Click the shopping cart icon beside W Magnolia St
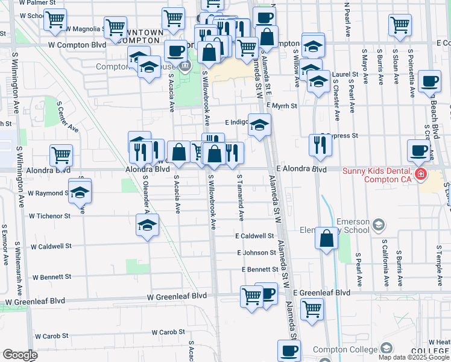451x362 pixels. [115, 27]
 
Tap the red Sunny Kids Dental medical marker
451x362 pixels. [420, 175]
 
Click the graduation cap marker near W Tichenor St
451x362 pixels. [147, 226]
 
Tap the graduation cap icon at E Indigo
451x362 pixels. [260, 125]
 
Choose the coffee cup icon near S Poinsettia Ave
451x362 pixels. [430, 81]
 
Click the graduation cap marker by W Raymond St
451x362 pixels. [80, 192]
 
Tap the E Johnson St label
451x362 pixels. [256, 253]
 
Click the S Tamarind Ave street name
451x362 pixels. [240, 197]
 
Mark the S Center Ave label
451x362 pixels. [68, 116]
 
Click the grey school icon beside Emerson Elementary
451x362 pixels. [378, 225]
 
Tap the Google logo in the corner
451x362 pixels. [20, 355]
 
